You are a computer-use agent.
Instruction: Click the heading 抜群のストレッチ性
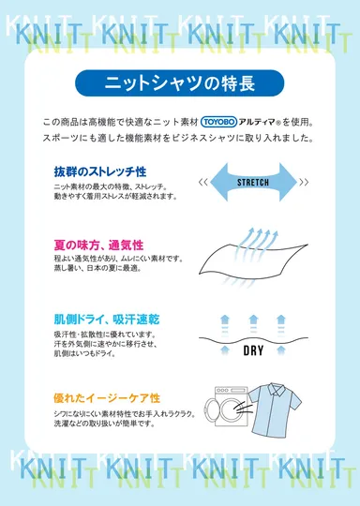click(100, 172)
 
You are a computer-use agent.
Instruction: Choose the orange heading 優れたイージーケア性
click(106, 398)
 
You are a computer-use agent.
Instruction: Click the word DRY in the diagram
click(254, 352)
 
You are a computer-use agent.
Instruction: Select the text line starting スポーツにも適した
click(178, 138)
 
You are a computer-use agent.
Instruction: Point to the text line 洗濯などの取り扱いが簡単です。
click(104, 424)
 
